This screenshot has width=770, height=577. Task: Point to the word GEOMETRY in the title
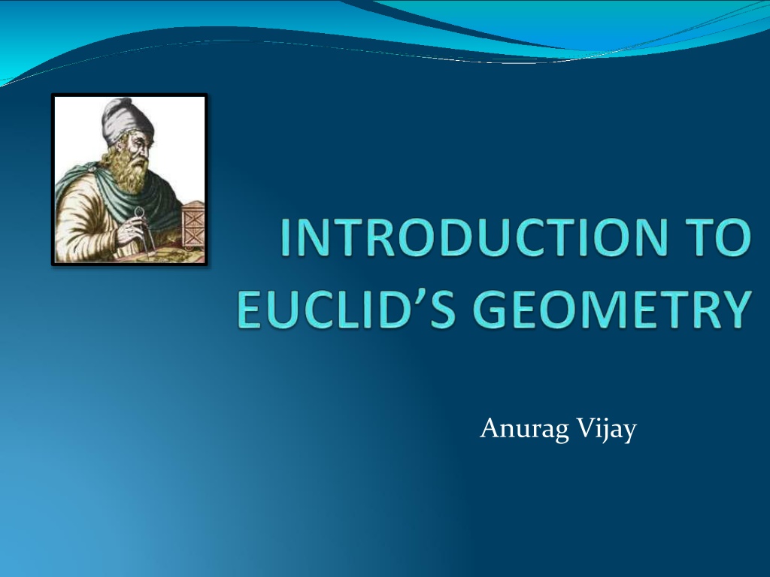612,310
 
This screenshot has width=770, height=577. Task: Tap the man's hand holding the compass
129,229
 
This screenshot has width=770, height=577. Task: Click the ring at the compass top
140,211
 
